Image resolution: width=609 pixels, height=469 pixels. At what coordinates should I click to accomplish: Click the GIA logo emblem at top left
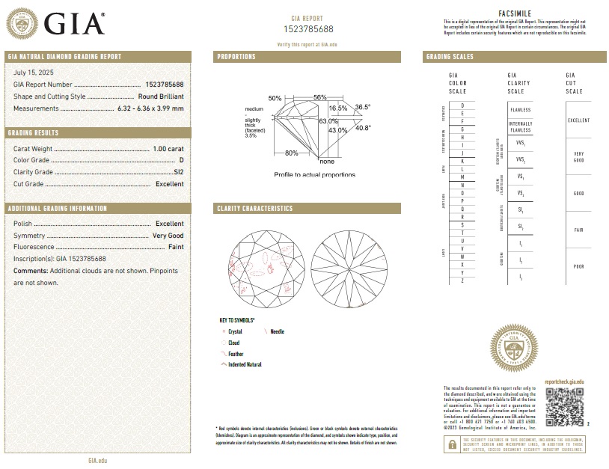click(22, 24)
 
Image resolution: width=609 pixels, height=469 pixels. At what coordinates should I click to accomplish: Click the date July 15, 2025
click(34, 72)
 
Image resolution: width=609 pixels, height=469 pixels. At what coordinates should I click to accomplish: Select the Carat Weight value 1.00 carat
click(168, 149)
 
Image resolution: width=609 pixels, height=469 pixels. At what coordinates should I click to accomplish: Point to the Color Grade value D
click(181, 160)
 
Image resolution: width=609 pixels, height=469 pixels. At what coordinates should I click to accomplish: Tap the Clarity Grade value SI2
click(178, 172)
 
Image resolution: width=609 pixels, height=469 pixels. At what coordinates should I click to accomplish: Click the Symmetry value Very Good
click(168, 236)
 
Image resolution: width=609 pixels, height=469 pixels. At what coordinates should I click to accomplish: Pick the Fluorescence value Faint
click(176, 247)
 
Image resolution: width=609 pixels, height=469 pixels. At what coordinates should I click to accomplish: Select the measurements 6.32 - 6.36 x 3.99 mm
click(150, 108)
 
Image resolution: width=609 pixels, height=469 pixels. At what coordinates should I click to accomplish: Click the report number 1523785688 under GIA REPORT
click(307, 28)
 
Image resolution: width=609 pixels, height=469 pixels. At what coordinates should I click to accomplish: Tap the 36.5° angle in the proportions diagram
click(363, 107)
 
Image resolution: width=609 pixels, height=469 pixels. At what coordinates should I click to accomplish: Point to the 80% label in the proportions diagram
click(292, 153)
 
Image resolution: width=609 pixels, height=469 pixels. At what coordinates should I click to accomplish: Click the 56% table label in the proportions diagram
click(320, 98)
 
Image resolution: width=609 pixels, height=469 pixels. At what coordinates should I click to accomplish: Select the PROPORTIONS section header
click(236, 57)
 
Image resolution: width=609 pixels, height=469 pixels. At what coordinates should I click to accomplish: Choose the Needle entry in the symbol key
click(277, 331)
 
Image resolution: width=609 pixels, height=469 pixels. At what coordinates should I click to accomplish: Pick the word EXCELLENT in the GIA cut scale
click(579, 120)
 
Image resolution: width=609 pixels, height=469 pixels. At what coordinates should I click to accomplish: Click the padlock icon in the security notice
click(451, 444)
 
